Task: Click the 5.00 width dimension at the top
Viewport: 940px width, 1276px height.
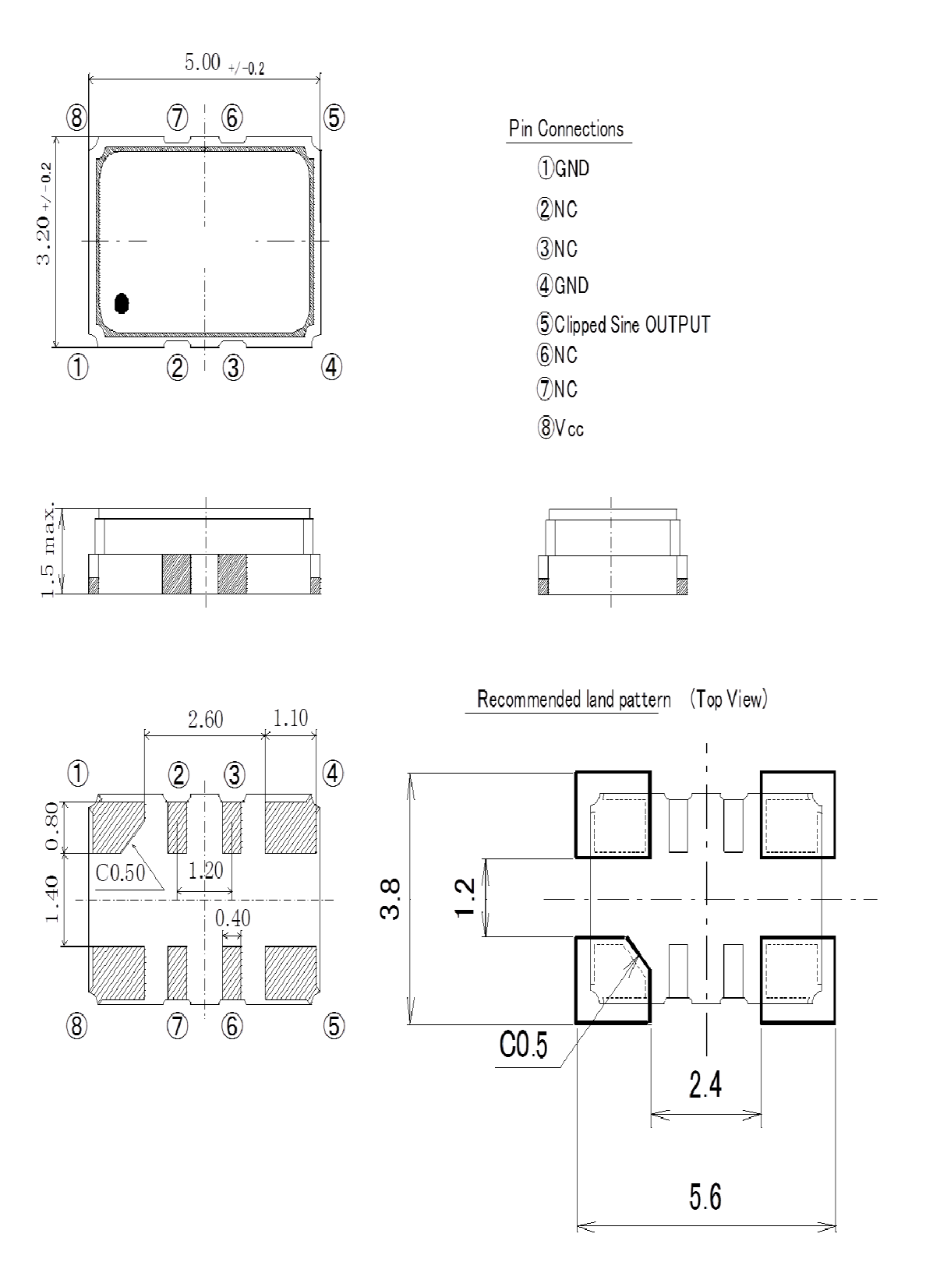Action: coord(203,62)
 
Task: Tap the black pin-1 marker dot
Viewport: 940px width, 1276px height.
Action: coord(122,303)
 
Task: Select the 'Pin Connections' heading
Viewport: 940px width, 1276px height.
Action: coord(567,129)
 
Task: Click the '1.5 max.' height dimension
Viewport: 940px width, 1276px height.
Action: coord(48,552)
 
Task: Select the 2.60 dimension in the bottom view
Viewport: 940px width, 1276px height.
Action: coord(206,719)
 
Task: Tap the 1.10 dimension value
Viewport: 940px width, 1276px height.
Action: coord(291,717)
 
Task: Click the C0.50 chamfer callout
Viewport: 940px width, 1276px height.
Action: coord(120,872)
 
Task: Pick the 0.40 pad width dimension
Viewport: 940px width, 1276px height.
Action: coord(232,919)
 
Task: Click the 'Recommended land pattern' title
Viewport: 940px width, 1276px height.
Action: coord(574,700)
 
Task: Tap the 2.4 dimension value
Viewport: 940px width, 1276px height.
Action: coord(705,1084)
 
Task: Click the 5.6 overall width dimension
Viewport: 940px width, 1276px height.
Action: coord(705,1197)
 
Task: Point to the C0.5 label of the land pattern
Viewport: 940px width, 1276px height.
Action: coord(523,1045)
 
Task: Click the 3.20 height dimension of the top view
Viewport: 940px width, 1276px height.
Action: coord(44,214)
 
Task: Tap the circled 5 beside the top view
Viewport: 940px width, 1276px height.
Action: coord(333,118)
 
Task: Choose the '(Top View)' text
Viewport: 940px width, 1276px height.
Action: coord(728,700)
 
